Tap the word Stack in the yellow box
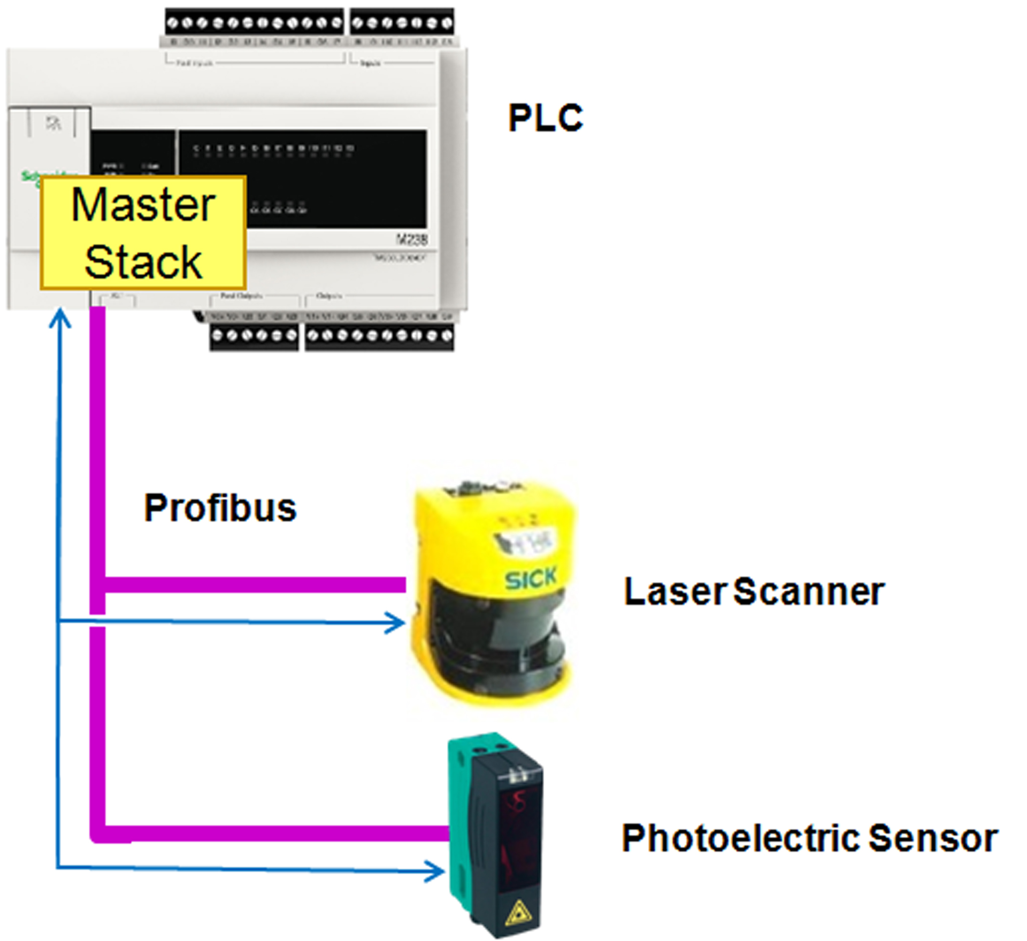click(143, 262)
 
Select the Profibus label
click(220, 508)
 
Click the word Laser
click(675, 592)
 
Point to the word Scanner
click(808, 592)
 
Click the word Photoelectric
click(741, 838)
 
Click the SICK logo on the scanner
click(530, 579)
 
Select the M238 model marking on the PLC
click(411, 239)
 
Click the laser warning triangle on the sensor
click(517, 913)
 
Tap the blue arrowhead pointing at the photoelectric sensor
click(436, 871)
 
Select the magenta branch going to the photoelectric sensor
click(273, 833)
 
